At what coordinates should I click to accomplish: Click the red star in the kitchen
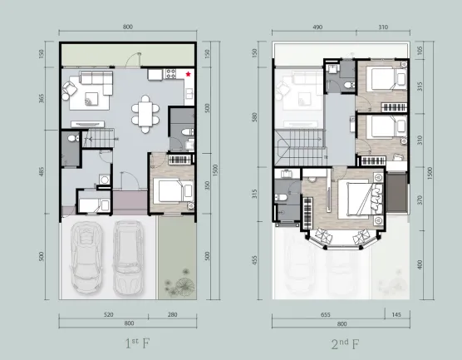tap(188, 74)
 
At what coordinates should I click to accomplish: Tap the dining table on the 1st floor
tap(145, 114)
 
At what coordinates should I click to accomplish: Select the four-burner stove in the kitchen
tap(170, 74)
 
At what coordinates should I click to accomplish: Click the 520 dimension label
tap(108, 314)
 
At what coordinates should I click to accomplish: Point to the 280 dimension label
tap(172, 314)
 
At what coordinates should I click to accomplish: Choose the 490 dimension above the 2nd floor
tap(317, 27)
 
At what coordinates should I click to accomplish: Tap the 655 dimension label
tap(325, 314)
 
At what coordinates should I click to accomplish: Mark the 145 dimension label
tap(396, 314)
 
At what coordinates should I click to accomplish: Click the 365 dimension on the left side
tap(42, 98)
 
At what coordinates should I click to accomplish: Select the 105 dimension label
tap(420, 51)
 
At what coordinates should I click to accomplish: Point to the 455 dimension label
tap(254, 260)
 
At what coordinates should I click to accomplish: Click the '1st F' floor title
tap(137, 343)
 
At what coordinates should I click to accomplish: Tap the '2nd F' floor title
tap(345, 343)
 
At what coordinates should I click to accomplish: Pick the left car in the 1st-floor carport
tap(86, 258)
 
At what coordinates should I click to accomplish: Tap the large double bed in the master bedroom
tap(360, 199)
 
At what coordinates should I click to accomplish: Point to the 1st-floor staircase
tap(98, 138)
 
